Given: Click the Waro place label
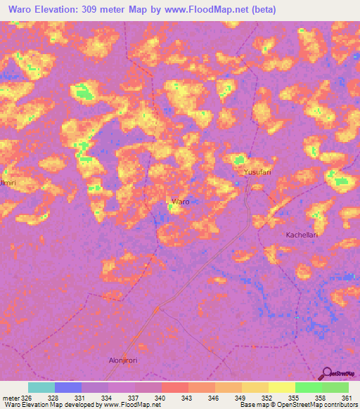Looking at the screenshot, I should coord(180,202).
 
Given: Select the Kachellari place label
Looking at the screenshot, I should coord(302,235).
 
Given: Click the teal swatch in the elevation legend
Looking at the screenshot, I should coord(41,387).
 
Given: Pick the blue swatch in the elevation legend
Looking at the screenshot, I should coord(68,387).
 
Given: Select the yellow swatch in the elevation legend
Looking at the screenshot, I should coord(282,387).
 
